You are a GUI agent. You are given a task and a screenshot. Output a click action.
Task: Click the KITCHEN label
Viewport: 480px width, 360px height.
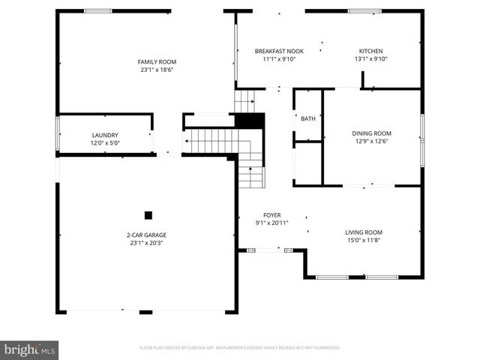(370, 51)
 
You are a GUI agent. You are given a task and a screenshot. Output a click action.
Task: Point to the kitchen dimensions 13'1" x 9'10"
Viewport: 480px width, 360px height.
(370, 59)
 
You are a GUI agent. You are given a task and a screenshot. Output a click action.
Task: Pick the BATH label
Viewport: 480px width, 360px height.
(308, 118)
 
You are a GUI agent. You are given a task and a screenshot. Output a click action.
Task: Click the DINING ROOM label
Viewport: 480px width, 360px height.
(371, 133)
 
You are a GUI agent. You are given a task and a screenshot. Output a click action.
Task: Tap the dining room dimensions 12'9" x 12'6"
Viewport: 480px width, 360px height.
(371, 142)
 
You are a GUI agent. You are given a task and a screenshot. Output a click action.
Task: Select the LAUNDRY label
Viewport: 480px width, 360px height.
(105, 135)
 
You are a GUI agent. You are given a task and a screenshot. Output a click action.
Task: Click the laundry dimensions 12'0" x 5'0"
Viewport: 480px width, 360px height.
(105, 143)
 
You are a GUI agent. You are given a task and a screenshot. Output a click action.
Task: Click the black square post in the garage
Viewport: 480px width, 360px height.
(148, 215)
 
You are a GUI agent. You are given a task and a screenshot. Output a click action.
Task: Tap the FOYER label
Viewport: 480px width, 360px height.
(271, 214)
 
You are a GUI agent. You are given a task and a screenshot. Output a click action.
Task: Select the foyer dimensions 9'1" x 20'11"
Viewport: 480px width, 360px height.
(271, 223)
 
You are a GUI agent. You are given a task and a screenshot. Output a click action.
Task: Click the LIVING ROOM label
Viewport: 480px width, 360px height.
(364, 232)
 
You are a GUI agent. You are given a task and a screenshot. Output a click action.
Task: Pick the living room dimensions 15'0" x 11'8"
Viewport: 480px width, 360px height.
(364, 240)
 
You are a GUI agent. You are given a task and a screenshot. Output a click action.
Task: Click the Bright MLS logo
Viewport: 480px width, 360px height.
(30, 349)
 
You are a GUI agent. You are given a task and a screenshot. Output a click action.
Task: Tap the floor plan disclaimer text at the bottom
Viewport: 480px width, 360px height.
(240, 348)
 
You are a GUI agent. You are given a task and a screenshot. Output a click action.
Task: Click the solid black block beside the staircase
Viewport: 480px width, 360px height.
(250, 121)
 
